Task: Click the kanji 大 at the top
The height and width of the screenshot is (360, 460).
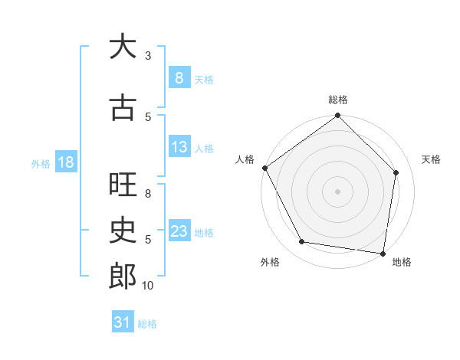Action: [122, 47]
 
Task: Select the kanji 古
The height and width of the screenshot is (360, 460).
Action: [122, 108]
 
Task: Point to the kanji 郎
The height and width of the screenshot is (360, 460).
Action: [122, 276]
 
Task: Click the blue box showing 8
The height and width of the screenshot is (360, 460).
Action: [179, 77]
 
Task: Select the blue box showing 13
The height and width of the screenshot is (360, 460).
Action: [179, 147]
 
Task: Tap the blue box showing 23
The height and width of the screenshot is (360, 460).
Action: [179, 231]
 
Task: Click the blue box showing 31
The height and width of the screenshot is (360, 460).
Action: [123, 322]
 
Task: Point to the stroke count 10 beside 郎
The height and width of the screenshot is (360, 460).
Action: [148, 286]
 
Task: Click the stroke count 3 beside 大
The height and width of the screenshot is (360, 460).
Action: [148, 56]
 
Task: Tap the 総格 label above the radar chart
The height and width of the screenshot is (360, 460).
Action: [338, 100]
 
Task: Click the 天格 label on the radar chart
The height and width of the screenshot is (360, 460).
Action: [431, 159]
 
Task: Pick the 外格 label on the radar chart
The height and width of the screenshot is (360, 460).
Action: [270, 262]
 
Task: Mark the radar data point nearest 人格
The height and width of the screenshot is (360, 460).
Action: [264, 168]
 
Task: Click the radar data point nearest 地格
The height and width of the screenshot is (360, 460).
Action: [383, 253]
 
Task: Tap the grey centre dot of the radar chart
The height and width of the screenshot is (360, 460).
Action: [337, 191]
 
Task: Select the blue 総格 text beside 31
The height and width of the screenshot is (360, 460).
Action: [147, 324]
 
